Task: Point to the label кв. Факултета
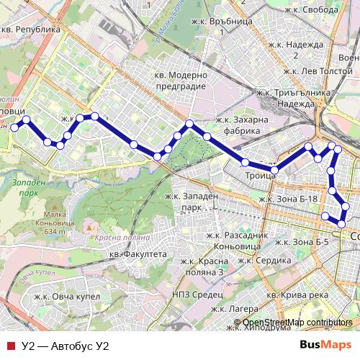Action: pyautogui.click(x=138, y=254)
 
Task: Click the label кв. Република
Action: pyautogui.click(x=31, y=30)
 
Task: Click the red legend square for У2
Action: pyautogui.click(x=9, y=346)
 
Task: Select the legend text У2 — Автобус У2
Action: pyautogui.click(x=65, y=346)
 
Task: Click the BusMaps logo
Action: pyautogui.click(x=325, y=345)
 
